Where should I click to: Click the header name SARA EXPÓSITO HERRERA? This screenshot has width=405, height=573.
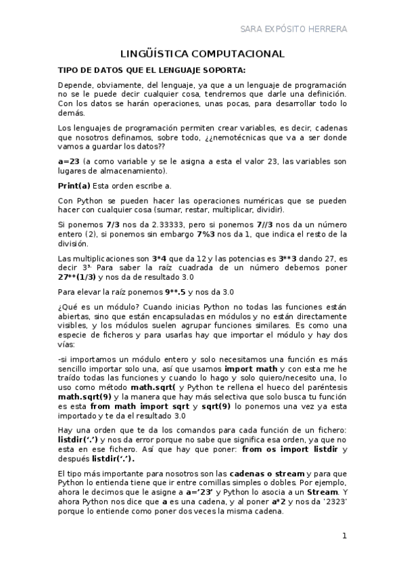pyautogui.click(x=294, y=29)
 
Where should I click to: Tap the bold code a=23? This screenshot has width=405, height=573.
pyautogui.click(x=70, y=161)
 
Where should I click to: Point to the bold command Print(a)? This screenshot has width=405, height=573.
pyautogui.click(x=74, y=185)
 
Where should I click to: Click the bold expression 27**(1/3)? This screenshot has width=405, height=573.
pyautogui.click(x=77, y=277)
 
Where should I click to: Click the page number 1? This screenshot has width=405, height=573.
pyautogui.click(x=344, y=537)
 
